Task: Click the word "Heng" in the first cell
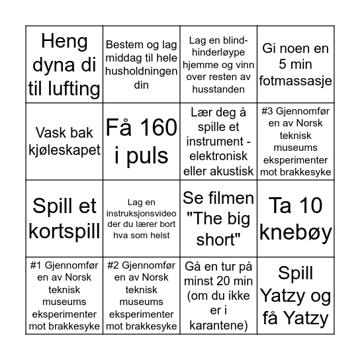(x=64, y=42)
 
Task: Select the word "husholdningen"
(x=141, y=71)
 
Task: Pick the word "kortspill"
(x=64, y=228)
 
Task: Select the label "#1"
(x=38, y=263)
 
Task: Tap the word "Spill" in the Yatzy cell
(x=294, y=273)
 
